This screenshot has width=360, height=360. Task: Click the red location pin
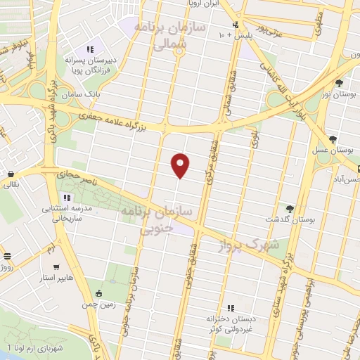click(x=181, y=164)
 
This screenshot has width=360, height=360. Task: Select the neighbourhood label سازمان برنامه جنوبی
click(x=148, y=219)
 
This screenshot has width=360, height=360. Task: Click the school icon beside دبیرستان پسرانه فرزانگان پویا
click(x=89, y=49)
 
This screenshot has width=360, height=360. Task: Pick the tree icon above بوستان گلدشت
click(x=290, y=208)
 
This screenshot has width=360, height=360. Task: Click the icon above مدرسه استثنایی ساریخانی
click(x=67, y=198)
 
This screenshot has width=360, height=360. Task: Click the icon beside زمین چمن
click(x=99, y=293)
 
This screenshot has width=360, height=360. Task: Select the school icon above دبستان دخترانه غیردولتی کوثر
click(x=231, y=308)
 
